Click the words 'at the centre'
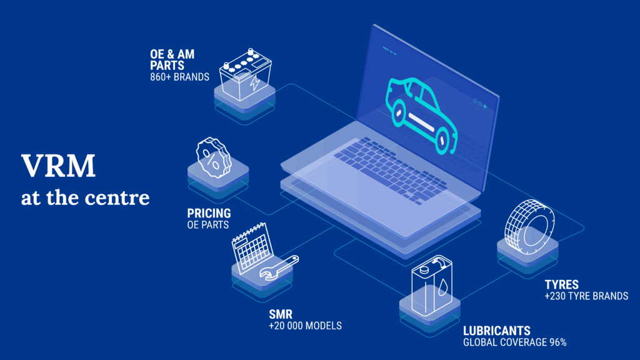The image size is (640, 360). pos(85,198)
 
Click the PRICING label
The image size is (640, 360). pos(209,214)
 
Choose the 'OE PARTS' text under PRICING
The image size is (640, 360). pos(208,224)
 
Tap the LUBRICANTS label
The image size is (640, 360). pos(496,331)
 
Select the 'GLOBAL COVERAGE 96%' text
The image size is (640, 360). pos(514,342)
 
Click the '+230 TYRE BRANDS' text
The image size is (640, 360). pos(586,296)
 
